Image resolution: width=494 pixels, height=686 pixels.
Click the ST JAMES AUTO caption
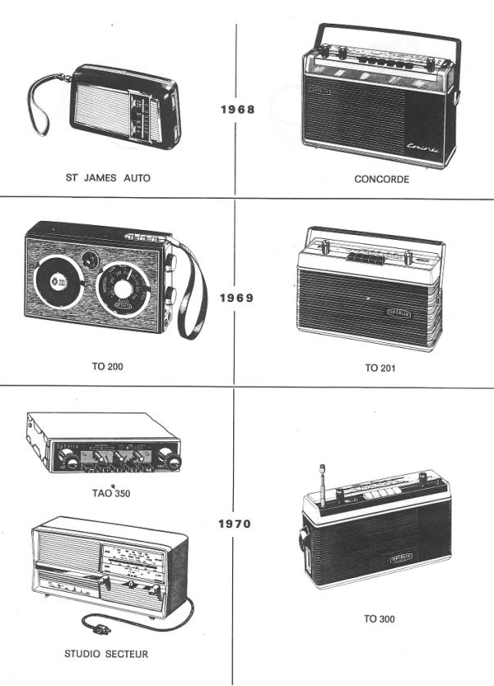(108, 177)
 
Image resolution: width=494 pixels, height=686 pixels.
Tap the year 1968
(237, 109)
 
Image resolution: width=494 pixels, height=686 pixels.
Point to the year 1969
(236, 298)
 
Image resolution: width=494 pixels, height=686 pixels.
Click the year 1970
(236, 524)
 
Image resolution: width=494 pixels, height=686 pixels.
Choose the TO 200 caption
(106, 368)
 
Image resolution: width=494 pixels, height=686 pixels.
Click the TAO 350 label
(111, 494)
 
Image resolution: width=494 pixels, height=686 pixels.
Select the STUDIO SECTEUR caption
(106, 654)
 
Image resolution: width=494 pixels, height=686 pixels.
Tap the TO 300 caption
(379, 619)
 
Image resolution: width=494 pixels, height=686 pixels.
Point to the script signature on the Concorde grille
(428, 147)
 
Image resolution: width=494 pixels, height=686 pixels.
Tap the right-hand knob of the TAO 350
(168, 457)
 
